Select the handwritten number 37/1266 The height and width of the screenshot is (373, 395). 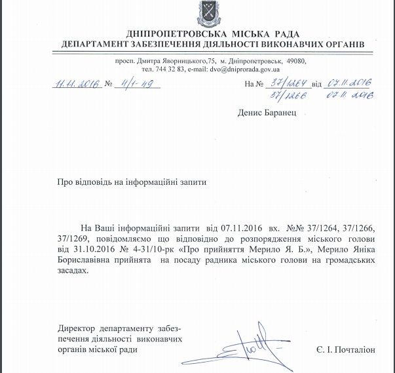[287, 95]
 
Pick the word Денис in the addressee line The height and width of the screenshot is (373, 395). [251, 113]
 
